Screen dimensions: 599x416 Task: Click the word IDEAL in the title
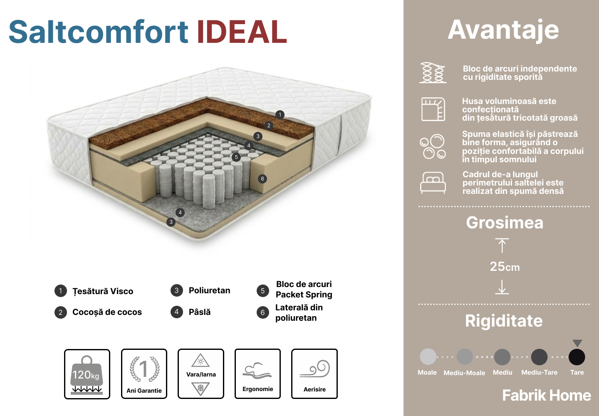(242, 32)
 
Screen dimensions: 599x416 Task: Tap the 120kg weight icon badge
(87, 374)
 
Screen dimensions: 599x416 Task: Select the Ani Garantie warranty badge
(144, 374)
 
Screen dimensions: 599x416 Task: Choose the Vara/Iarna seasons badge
(201, 374)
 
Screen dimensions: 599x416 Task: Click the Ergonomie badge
(258, 374)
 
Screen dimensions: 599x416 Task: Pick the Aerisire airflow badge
(314, 374)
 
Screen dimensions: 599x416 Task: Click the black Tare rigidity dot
(577, 357)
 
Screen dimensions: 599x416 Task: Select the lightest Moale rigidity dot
(428, 357)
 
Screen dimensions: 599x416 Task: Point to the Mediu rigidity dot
(502, 357)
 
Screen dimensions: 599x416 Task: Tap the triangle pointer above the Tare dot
(577, 343)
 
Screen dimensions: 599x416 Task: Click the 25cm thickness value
(505, 267)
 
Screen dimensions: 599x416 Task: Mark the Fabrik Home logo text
(547, 395)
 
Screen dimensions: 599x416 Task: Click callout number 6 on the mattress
(262, 178)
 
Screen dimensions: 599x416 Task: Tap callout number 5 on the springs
(236, 157)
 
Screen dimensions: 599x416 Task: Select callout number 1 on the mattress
(280, 115)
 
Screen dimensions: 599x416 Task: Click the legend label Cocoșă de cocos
(107, 312)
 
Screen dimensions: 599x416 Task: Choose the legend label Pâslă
(200, 312)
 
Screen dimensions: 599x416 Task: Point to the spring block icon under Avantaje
(433, 73)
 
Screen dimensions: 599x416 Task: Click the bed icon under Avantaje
(433, 183)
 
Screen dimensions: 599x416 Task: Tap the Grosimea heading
(505, 223)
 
